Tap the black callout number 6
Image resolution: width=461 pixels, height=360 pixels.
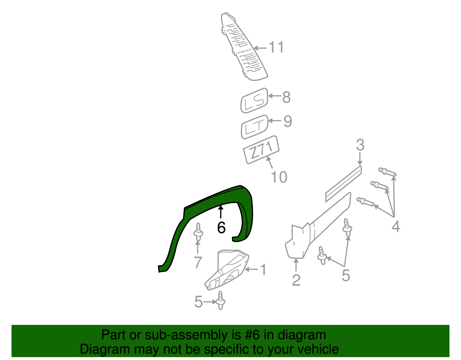(221, 228)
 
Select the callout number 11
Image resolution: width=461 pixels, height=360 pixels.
(276, 47)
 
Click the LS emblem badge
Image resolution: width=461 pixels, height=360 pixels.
(254, 101)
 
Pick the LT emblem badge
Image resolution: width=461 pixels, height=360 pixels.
(255, 127)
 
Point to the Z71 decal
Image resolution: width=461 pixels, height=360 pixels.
(261, 150)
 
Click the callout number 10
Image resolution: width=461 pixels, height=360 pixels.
(279, 177)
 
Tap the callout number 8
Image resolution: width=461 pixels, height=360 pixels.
(286, 97)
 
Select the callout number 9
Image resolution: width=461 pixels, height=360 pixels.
(288, 121)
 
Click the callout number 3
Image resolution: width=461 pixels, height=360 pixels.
(360, 145)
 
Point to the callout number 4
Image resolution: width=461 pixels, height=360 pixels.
(396, 226)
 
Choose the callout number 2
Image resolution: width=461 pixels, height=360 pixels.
(296, 280)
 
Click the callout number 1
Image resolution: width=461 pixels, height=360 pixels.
(263, 270)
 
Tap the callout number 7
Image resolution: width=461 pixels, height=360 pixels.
(198, 262)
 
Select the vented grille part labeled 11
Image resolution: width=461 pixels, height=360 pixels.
(244, 47)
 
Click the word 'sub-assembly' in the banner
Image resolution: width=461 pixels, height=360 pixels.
(193, 335)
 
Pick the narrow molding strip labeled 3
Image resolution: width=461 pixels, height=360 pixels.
(344, 184)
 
